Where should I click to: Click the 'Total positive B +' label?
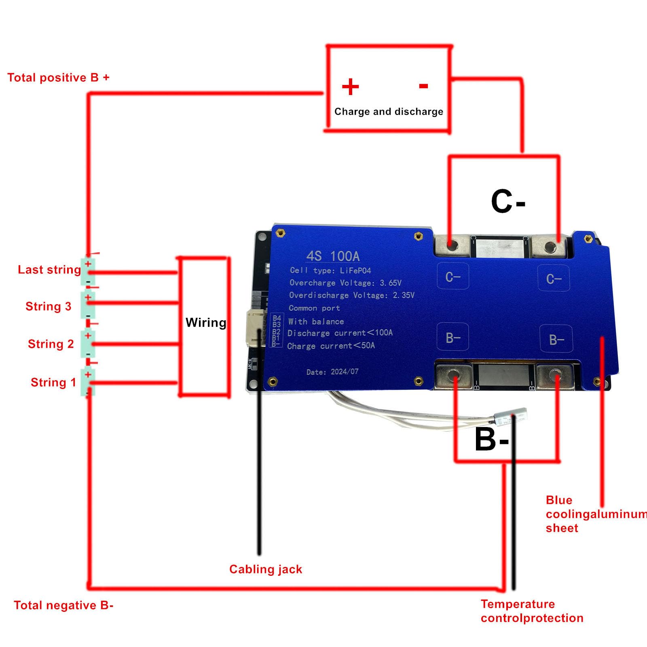click(58, 78)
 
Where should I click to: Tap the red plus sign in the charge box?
click(350, 87)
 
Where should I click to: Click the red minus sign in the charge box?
click(423, 86)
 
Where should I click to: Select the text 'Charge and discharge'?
click(389, 112)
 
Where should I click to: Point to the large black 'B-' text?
click(492, 440)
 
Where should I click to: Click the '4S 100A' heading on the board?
click(333, 256)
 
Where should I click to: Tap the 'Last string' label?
click(49, 270)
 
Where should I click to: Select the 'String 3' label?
click(48, 307)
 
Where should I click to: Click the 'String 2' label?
click(51, 344)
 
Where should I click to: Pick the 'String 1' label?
click(53, 383)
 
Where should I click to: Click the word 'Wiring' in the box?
click(206, 323)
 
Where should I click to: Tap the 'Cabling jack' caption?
click(266, 569)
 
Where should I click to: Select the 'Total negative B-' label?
click(63, 605)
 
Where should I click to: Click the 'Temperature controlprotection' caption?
click(531, 611)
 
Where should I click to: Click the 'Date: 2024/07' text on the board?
click(332, 372)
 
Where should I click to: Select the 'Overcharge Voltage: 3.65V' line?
click(345, 283)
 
